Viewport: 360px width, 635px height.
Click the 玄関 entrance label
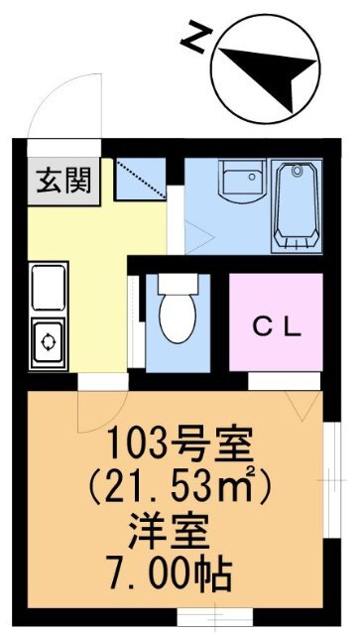coord(63,181)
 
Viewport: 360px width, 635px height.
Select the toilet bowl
coord(178,318)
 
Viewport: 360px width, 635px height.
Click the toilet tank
coord(179,285)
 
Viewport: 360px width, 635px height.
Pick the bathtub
coord(297,205)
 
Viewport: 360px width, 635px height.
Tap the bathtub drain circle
coord(298,171)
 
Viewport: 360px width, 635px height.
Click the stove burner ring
coord(49,341)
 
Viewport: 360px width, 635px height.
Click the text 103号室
coord(180,445)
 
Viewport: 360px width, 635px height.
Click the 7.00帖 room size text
coord(169,575)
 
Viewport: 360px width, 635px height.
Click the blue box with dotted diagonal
coord(141,179)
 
